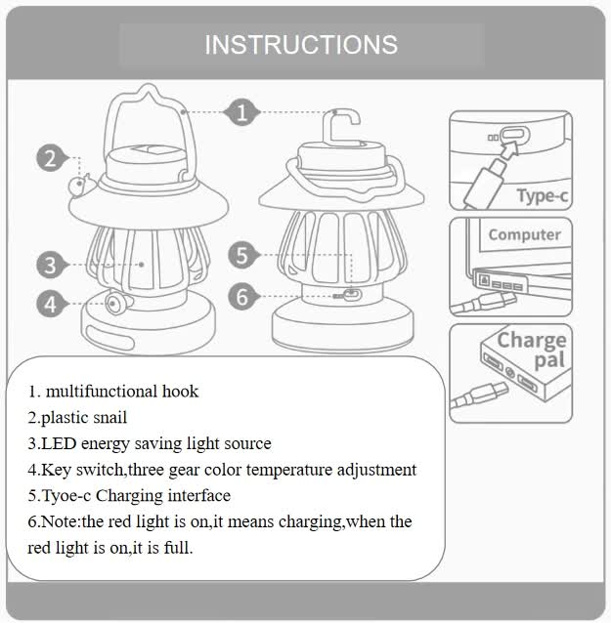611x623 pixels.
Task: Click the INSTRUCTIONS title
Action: pos(301,45)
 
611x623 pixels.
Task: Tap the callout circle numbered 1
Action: pos(241,111)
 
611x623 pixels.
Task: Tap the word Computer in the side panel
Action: pos(525,234)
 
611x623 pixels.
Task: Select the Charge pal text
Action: pos(532,350)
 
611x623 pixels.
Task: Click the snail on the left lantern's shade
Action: pos(79,187)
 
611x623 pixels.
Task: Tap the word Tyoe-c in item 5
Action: pos(63,495)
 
